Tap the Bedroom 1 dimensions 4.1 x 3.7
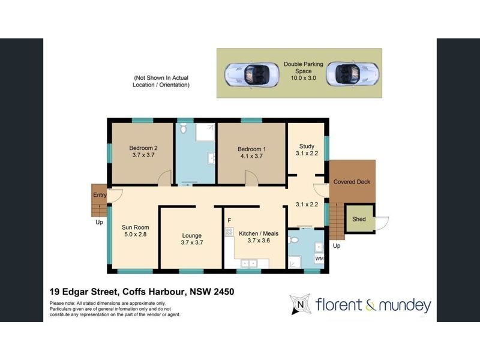coord(251,157)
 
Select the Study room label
coord(307,146)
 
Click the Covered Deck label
coord(352,182)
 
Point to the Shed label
coord(359,220)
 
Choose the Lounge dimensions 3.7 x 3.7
coord(192,244)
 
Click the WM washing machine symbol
coord(319,259)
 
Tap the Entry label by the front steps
coord(99,195)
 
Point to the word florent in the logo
coord(337,305)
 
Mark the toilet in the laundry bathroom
coord(293,239)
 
